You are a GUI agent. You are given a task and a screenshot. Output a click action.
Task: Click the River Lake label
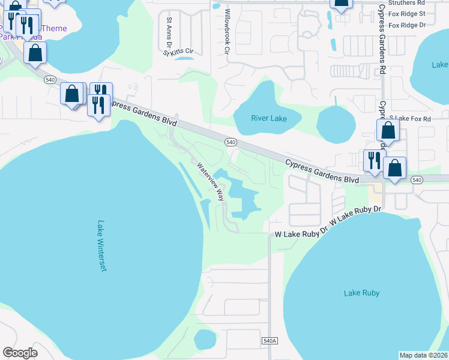pos(268,119)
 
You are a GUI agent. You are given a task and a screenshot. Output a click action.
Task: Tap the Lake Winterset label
pos(101,246)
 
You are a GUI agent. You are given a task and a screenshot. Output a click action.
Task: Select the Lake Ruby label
pos(361,293)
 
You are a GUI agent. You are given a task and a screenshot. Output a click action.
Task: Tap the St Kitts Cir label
pos(178,53)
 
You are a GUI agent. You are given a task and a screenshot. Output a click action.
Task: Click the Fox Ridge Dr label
pos(407,25)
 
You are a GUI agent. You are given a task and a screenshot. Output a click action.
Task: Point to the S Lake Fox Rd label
pos(411,119)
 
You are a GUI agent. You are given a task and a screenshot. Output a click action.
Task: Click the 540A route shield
pos(270,341)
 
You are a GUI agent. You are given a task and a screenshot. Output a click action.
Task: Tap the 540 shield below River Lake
pos(231,142)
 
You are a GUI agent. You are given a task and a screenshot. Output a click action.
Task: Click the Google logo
pos(20,353)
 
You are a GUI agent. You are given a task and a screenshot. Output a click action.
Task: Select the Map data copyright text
pos(424,355)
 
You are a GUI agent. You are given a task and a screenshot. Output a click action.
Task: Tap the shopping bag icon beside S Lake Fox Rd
pos(388,130)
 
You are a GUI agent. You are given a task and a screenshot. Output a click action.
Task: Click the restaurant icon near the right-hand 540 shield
pos(374,160)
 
